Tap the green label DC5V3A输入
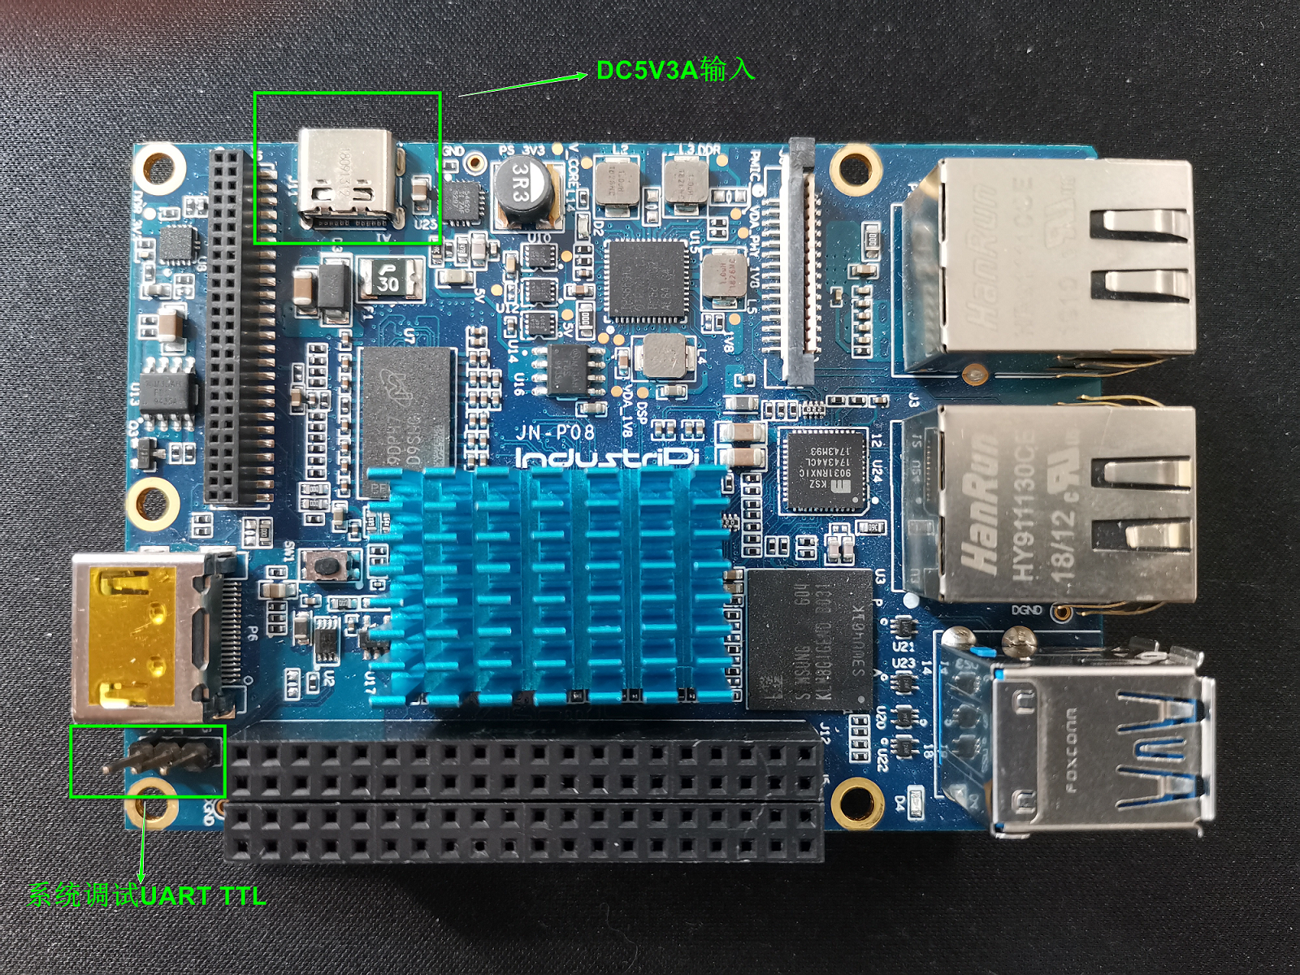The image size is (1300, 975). pos(675,70)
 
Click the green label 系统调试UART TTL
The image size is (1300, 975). pos(147,895)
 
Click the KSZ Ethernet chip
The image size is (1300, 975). pos(821,471)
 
